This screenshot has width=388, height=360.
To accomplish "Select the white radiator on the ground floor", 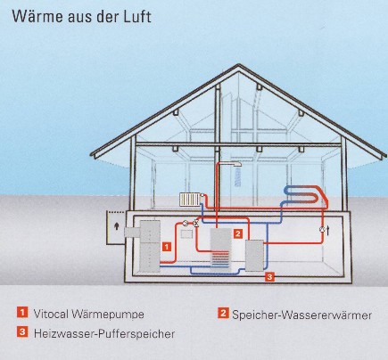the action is pyautogui.click(x=190, y=200).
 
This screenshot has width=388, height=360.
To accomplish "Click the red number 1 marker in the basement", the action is pyautogui.click(x=167, y=247).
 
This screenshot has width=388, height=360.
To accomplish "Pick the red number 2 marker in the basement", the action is pyautogui.click(x=237, y=233).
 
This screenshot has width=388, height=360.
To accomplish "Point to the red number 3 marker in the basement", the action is pyautogui.click(x=269, y=277).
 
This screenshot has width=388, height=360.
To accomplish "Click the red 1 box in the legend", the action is pyautogui.click(x=22, y=313).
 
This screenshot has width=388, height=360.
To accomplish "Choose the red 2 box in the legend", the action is pyautogui.click(x=223, y=313).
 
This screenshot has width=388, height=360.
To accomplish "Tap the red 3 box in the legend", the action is pyautogui.click(x=22, y=331).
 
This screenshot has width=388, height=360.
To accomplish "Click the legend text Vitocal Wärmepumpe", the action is pyautogui.click(x=89, y=314).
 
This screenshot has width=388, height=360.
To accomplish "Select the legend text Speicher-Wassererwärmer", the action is pyautogui.click(x=301, y=315).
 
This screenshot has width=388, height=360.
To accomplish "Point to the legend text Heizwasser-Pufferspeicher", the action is pyautogui.click(x=104, y=333).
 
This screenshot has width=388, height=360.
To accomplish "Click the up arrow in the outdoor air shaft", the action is pyautogui.click(x=117, y=226).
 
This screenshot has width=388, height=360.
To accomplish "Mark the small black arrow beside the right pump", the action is pyautogui.click(x=328, y=230).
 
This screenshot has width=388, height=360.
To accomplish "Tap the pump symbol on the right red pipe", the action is pyautogui.click(x=322, y=229).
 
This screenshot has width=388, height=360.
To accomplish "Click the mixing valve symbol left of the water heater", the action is pyautogui.click(x=195, y=223).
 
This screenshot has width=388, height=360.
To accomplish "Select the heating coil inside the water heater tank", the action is pyautogui.click(x=220, y=258).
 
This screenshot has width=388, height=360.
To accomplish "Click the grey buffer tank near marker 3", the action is pyautogui.click(x=254, y=256).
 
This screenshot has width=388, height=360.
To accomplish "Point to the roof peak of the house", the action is pyautogui.click(x=238, y=65).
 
